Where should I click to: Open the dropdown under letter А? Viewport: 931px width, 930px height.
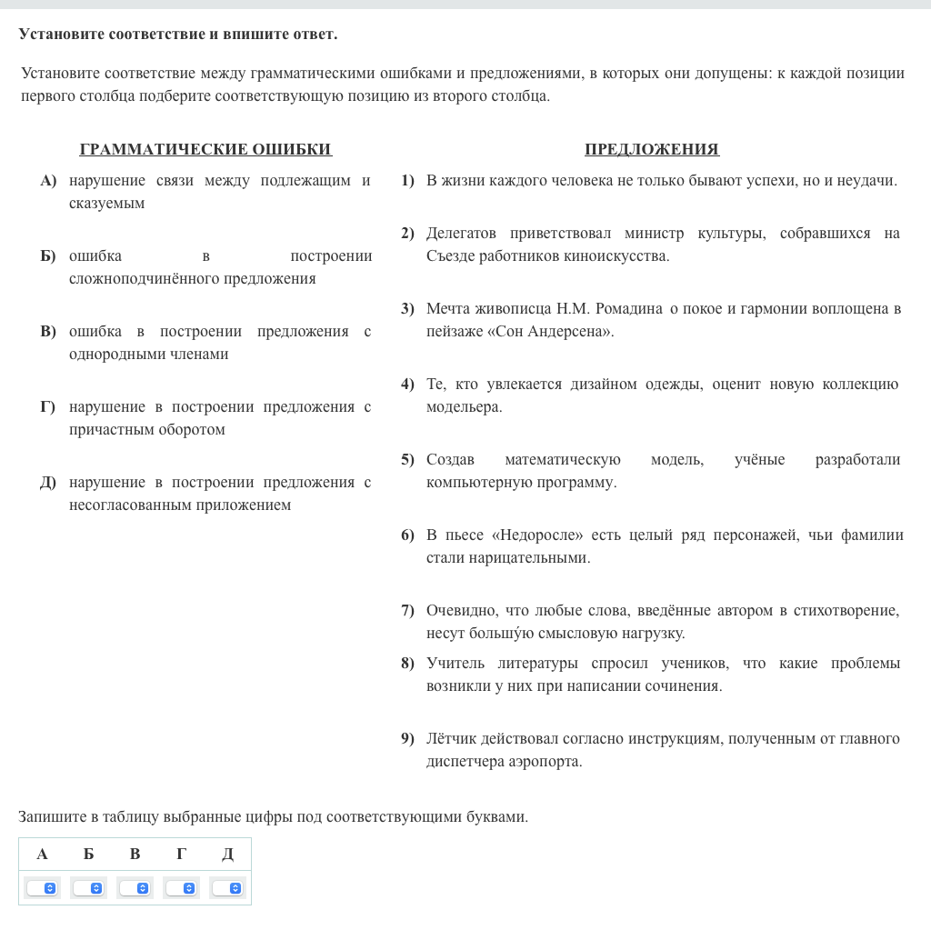42,887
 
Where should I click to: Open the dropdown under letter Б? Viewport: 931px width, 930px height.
88,887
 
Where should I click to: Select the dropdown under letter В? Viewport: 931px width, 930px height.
135,887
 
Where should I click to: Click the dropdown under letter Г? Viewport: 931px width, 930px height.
181,887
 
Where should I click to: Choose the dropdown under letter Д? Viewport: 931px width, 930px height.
227,887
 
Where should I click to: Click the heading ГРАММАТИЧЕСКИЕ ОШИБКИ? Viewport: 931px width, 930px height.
205,149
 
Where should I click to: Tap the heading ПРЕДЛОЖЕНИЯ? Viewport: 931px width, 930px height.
651,149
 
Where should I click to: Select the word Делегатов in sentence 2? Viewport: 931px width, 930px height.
461,233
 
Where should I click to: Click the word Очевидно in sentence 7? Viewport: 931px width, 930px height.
458,610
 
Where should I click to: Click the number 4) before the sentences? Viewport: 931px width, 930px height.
407,384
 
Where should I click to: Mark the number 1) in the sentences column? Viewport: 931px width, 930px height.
407,180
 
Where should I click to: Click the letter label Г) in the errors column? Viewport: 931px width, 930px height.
47,406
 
